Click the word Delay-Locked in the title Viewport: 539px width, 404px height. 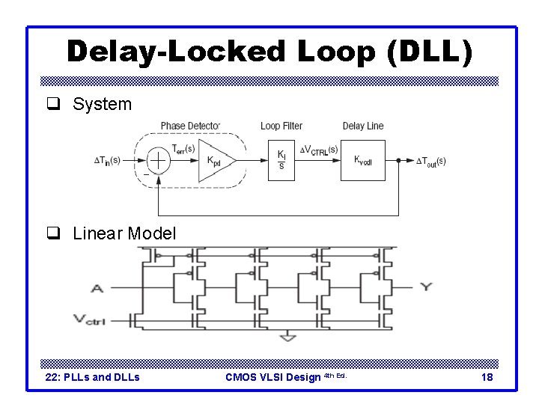click(175, 51)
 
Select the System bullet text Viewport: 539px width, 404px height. click(102, 105)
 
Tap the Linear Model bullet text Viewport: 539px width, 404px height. click(124, 233)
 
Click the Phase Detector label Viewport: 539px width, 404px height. click(190, 126)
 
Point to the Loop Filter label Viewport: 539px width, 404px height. click(281, 126)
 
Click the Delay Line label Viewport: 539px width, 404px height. click(363, 126)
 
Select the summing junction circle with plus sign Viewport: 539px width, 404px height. click(159, 160)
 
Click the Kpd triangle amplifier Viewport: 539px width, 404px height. click(216, 160)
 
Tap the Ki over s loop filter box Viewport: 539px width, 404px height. click(281, 160)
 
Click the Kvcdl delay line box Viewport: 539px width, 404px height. click(363, 160)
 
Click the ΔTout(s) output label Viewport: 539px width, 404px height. click(430, 162)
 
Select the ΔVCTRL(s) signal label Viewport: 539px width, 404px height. click(318, 150)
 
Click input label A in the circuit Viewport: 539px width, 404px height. click(97, 287)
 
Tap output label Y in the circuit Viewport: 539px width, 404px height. click(426, 286)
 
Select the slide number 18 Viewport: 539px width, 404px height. click(487, 377)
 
